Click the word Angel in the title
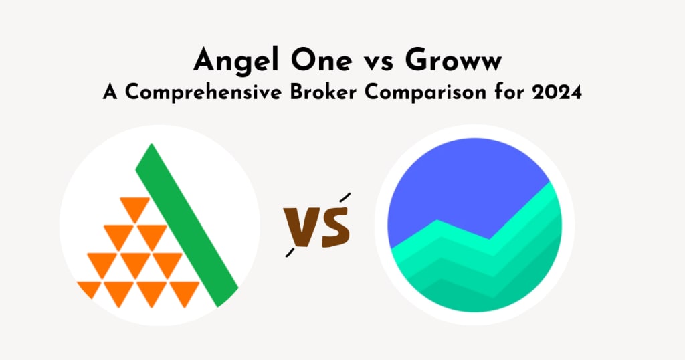click(x=235, y=61)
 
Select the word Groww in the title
click(x=453, y=60)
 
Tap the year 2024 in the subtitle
click(x=557, y=92)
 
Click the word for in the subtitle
click(x=509, y=92)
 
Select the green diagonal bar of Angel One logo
click(x=187, y=225)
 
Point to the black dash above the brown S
click(x=345, y=197)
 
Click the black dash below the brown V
click(x=290, y=252)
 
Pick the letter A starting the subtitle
click(x=110, y=92)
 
